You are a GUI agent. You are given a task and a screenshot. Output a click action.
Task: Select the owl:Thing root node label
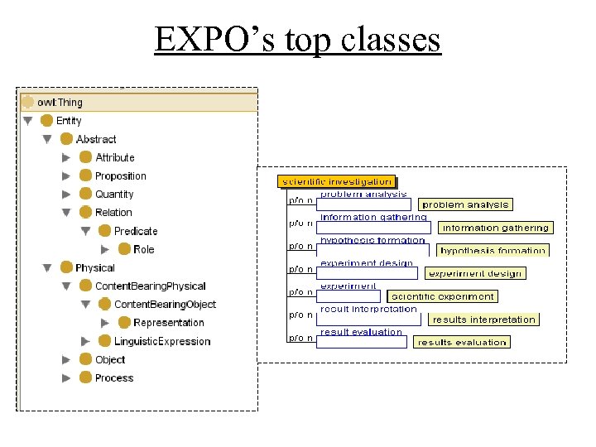60,103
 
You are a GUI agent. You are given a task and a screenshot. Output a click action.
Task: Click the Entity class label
69,121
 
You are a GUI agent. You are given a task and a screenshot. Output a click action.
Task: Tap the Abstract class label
96,139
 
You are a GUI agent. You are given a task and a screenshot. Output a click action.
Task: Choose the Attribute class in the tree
114,157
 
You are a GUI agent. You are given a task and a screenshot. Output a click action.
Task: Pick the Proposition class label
120,175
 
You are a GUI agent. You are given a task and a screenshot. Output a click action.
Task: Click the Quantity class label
114,194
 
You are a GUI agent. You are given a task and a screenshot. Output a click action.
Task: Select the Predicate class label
135,231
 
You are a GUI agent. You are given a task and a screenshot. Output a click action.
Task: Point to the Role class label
143,249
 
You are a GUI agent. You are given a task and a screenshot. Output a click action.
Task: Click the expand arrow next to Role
104,249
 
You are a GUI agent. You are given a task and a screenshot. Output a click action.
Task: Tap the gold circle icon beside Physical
66,267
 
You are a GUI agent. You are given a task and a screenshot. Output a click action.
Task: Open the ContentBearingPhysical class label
150,286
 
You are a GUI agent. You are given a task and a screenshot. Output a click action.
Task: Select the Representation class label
168,323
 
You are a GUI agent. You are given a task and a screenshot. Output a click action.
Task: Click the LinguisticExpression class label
162,341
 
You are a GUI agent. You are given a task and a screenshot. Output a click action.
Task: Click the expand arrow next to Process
66,378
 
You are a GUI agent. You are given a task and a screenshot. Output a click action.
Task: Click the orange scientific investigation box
337,181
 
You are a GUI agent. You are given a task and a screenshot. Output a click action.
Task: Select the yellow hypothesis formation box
493,250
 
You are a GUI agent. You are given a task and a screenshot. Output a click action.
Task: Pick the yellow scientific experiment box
442,296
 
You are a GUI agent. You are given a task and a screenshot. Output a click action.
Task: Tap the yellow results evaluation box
461,342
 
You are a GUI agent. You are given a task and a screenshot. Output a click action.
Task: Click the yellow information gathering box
495,228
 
